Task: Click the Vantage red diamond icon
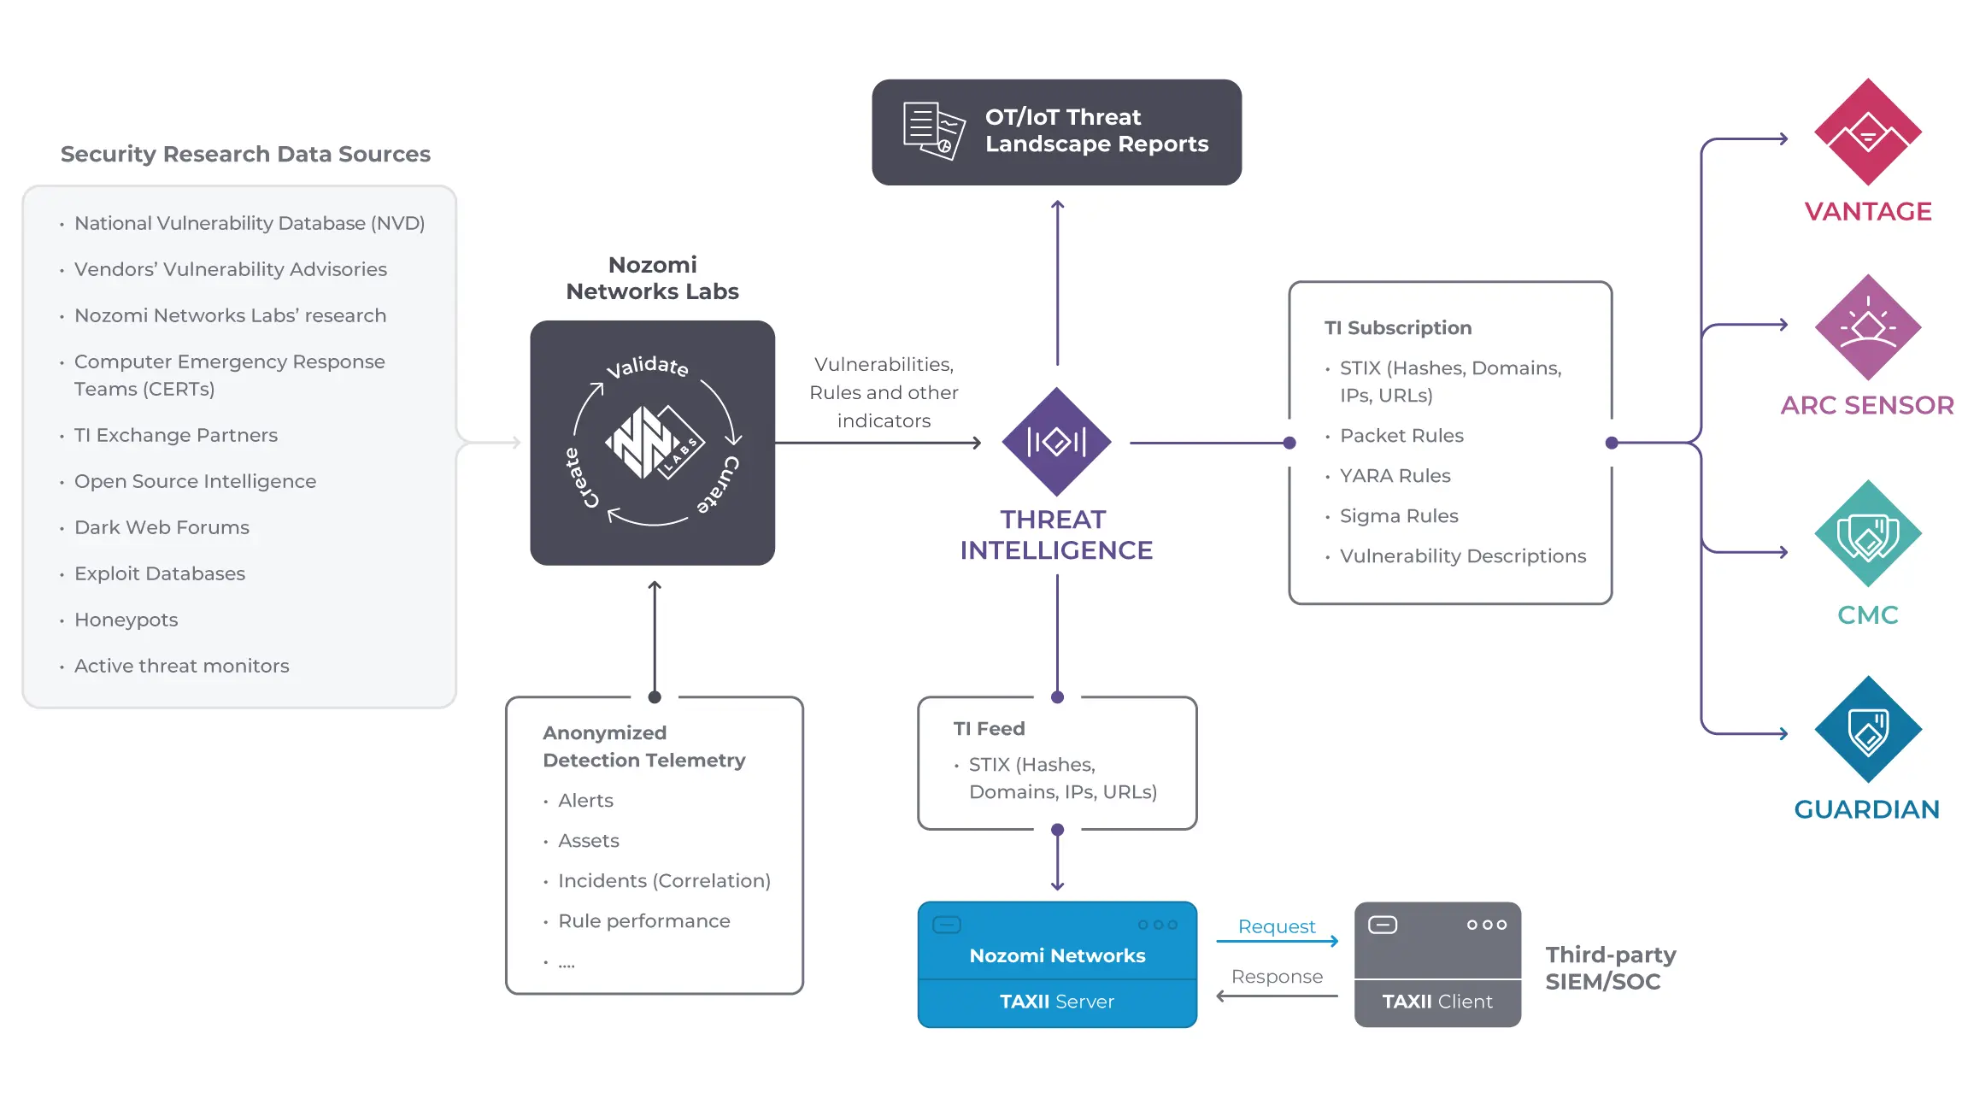tap(1867, 132)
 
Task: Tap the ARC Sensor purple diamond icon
tap(1867, 327)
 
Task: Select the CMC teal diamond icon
tap(1867, 533)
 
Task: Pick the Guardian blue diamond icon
tap(1867, 729)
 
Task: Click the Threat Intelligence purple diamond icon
tap(1056, 442)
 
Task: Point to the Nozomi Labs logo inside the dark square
tap(654, 443)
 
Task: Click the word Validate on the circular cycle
tap(647, 367)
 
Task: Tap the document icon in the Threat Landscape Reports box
tap(933, 131)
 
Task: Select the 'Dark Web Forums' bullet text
tap(162, 527)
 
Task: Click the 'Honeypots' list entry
tap(126, 620)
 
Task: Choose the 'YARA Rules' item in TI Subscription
tap(1395, 476)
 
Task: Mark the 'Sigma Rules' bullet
tap(1399, 516)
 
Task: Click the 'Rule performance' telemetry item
tap(643, 921)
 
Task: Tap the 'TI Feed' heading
tap(989, 729)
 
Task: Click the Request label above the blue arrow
tap(1276, 926)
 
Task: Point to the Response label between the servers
tap(1277, 977)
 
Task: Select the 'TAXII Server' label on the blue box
tap(1057, 1002)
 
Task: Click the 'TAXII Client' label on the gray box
tap(1437, 1002)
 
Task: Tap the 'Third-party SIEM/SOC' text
tap(1610, 968)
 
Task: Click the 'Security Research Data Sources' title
tap(245, 154)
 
